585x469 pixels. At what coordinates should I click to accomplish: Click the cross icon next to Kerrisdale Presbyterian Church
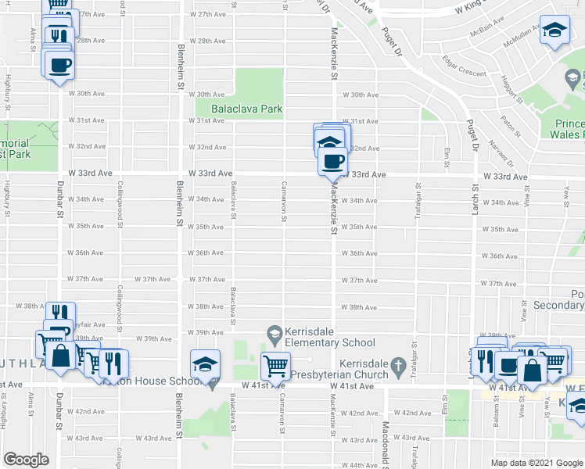tap(398, 365)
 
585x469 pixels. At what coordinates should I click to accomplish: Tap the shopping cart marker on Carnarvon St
tap(275, 365)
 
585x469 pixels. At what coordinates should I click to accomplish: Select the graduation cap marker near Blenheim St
tap(205, 364)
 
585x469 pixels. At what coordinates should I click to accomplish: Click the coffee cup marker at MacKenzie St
tap(333, 161)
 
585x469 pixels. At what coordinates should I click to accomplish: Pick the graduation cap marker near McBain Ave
tap(554, 30)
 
